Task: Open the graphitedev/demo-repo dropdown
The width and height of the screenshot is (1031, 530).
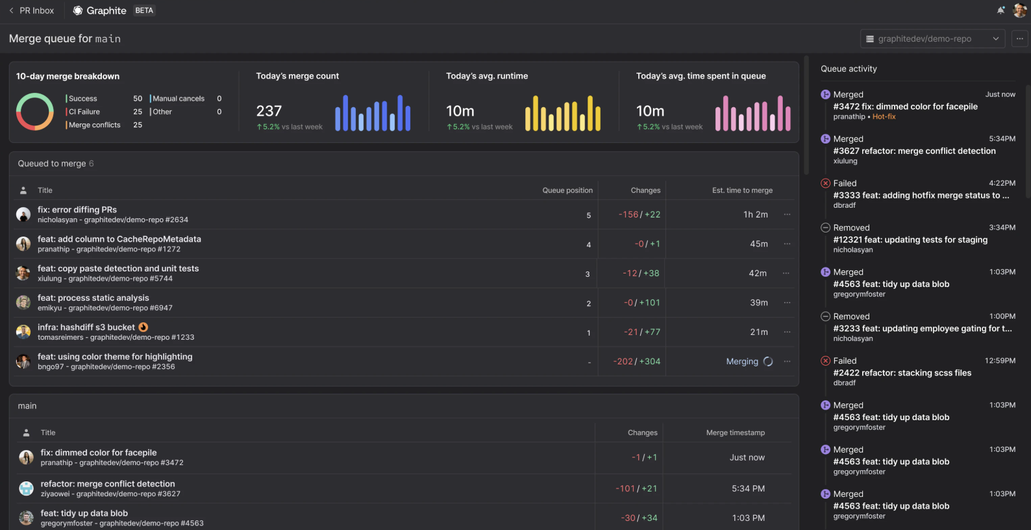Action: click(932, 39)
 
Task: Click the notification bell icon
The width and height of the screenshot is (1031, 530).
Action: click(1000, 10)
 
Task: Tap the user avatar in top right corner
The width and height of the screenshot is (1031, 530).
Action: click(1020, 10)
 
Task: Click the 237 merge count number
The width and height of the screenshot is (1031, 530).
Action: click(269, 111)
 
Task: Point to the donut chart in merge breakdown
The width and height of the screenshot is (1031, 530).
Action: click(35, 112)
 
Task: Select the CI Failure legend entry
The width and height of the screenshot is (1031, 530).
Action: click(84, 112)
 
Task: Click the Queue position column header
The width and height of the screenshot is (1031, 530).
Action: click(567, 190)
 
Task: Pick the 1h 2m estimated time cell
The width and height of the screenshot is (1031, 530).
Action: click(755, 214)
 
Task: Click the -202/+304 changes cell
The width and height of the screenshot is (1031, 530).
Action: click(636, 361)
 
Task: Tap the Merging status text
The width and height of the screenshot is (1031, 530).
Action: click(742, 361)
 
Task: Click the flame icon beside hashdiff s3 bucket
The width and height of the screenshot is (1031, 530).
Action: click(143, 327)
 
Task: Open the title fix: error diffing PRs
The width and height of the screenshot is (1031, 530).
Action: click(77, 210)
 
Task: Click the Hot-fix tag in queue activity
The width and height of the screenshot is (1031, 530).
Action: click(884, 117)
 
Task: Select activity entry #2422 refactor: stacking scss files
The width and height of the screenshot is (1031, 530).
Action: click(902, 373)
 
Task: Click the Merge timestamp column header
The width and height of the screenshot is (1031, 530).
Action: click(735, 433)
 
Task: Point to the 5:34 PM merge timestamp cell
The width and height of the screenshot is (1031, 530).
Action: click(748, 488)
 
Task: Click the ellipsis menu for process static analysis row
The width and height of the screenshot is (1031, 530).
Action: click(787, 303)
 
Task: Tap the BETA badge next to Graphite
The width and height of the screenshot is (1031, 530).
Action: click(144, 10)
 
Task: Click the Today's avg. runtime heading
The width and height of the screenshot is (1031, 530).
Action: click(487, 76)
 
